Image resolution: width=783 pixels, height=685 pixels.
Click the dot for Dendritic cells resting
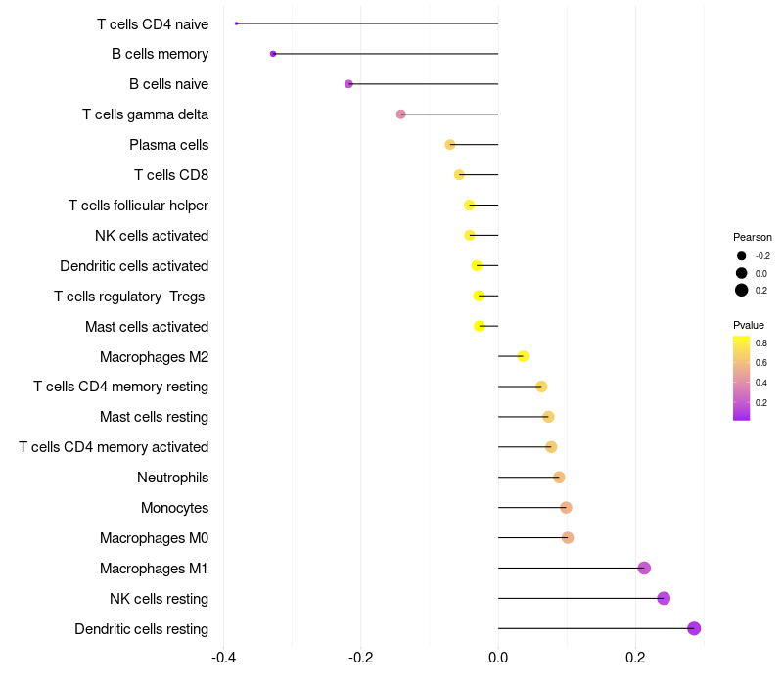[694, 628]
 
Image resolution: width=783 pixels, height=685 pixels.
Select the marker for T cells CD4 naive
[237, 23]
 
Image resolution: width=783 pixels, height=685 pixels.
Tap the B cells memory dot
[273, 54]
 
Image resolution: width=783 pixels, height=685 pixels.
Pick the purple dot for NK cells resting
[664, 598]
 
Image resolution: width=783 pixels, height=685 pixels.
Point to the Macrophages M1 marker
[644, 568]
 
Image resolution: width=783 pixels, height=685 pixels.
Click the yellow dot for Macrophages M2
[523, 356]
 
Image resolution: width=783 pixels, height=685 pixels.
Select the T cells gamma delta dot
[400, 114]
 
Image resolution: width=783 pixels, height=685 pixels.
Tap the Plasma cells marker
[450, 145]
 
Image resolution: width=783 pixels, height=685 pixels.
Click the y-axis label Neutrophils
[172, 478]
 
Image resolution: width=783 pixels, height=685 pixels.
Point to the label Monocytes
[174, 508]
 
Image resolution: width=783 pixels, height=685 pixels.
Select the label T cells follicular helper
[138, 205]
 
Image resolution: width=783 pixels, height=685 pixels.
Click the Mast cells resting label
[154, 417]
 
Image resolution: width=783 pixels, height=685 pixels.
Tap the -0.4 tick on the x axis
[223, 656]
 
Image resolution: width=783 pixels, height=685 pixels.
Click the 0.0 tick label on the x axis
[498, 656]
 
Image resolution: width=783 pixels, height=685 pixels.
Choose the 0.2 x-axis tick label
[635, 656]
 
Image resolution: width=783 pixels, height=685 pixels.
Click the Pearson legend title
[753, 237]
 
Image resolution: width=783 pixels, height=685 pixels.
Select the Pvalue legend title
[749, 325]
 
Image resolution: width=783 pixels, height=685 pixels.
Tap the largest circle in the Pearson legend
[742, 290]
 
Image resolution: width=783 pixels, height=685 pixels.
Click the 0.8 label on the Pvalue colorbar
[761, 343]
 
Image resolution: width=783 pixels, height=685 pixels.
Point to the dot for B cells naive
[348, 84]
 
